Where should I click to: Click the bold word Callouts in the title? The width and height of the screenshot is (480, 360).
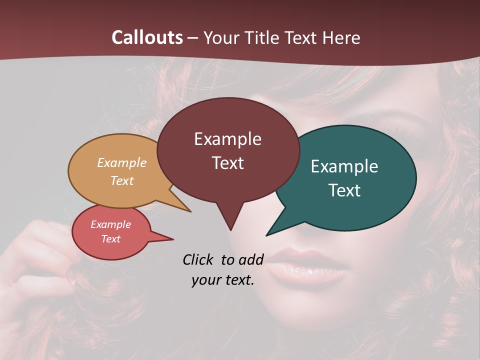click(x=147, y=37)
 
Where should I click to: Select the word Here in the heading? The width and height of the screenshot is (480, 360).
click(x=341, y=37)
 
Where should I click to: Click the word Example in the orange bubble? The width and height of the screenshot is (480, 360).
click(x=122, y=163)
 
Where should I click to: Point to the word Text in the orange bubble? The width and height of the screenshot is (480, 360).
click(x=122, y=180)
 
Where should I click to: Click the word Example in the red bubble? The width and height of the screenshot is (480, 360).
click(x=111, y=224)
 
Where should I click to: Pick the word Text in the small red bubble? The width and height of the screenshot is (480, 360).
click(x=111, y=239)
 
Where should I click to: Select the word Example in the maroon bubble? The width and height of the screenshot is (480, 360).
click(x=227, y=139)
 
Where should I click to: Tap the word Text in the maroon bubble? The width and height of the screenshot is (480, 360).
click(x=227, y=163)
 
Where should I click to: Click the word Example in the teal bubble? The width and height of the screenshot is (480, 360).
click(x=344, y=166)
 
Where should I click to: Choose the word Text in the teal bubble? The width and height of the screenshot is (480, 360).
click(x=344, y=190)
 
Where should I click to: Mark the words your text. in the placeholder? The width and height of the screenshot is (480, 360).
click(x=223, y=280)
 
